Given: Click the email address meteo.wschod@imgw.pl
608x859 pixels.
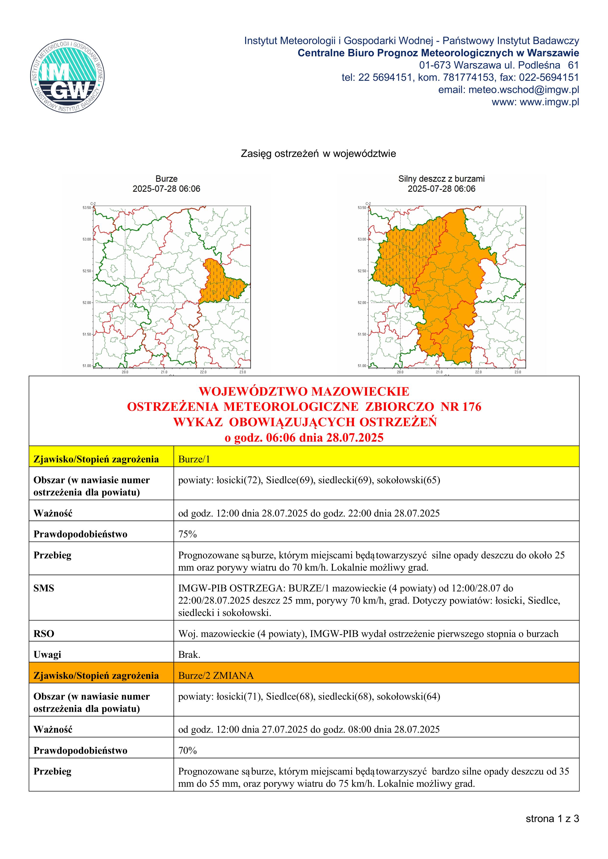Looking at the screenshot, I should coord(523,90).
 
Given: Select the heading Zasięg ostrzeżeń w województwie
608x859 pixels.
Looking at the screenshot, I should coord(318,154).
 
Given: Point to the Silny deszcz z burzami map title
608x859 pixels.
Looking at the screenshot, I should coord(441,179).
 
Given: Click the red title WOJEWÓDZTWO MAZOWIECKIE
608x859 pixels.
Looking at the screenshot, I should coord(304,391).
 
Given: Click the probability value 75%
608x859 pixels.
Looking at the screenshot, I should coord(187,534).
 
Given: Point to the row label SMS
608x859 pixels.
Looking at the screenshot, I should coord(44,588).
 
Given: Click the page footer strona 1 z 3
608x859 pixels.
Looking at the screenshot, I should coord(552,819).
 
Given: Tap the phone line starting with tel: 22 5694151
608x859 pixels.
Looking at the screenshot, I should coord(460,77).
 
